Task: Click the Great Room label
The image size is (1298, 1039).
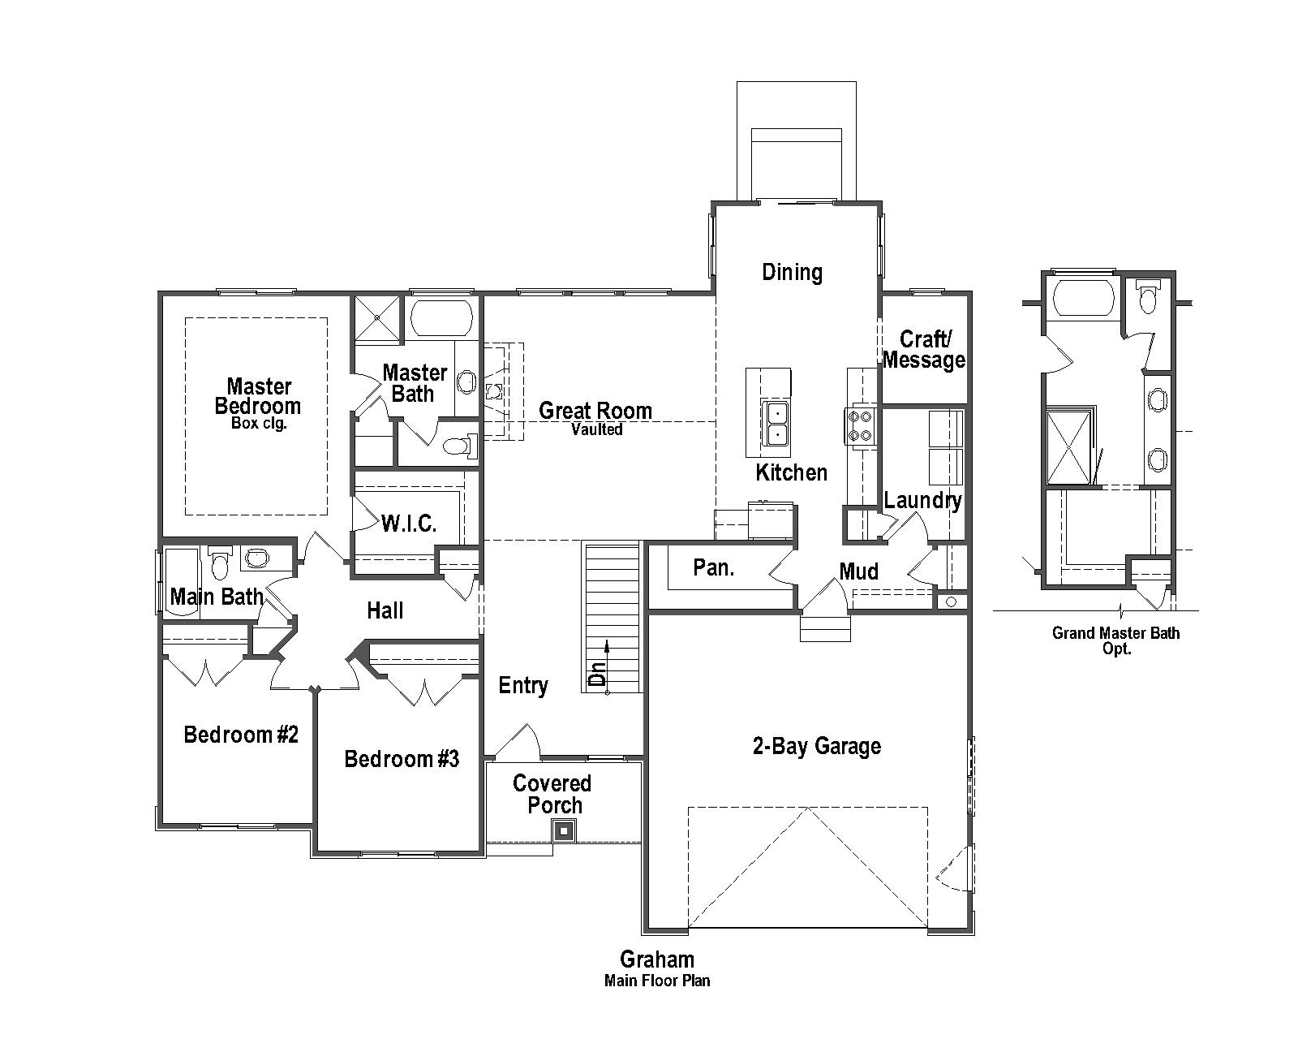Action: pyautogui.click(x=595, y=411)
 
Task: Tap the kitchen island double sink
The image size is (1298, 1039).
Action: pyautogui.click(x=776, y=423)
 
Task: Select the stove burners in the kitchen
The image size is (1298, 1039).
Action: pyautogui.click(x=859, y=425)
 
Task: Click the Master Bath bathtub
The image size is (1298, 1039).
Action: pyautogui.click(x=441, y=319)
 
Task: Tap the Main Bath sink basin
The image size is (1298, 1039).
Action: pyautogui.click(x=256, y=558)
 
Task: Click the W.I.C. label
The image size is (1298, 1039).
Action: pyautogui.click(x=409, y=524)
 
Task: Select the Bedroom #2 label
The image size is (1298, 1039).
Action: pyautogui.click(x=241, y=735)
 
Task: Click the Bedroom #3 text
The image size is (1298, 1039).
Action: pyautogui.click(x=402, y=759)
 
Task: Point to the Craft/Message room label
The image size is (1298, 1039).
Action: pyautogui.click(x=924, y=350)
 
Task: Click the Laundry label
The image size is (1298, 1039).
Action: pyautogui.click(x=922, y=500)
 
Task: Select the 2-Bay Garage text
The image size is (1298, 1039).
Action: pyautogui.click(x=816, y=746)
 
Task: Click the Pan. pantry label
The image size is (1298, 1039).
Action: pyautogui.click(x=714, y=567)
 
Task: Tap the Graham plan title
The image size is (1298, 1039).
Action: pyautogui.click(x=656, y=959)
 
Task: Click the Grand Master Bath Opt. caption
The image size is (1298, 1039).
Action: pyautogui.click(x=1115, y=640)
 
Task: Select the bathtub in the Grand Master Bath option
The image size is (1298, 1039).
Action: pyautogui.click(x=1082, y=298)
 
